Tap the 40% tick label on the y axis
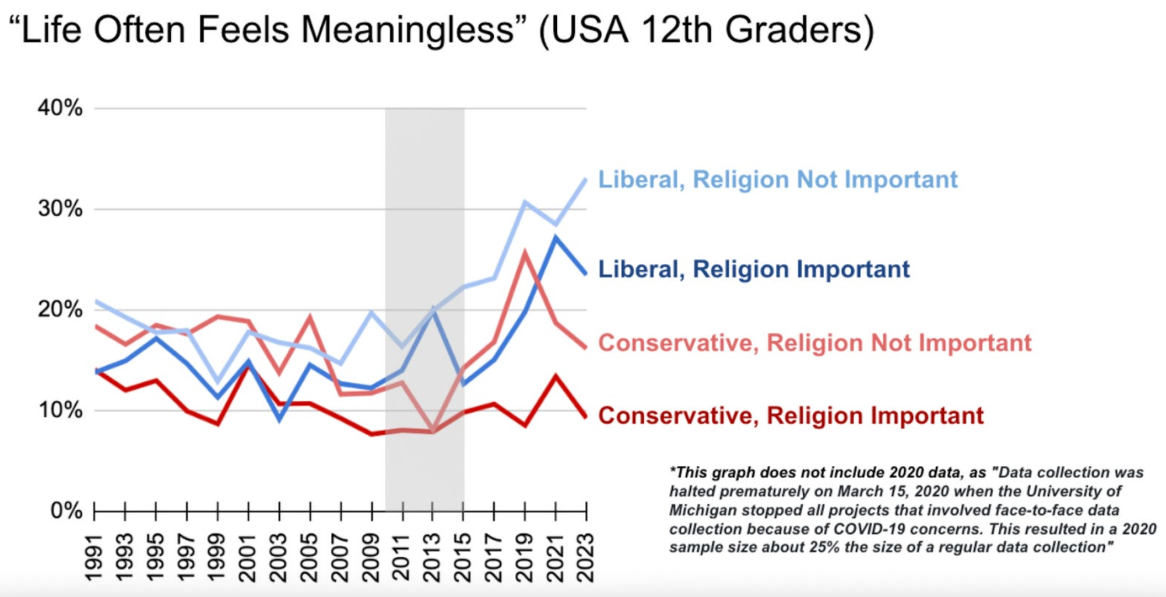[x=60, y=108]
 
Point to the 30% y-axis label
[x=60, y=209]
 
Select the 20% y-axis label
[x=60, y=309]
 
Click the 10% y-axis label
[x=60, y=410]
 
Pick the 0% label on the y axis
[x=66, y=511]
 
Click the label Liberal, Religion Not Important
[x=778, y=179]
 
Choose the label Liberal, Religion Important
[x=754, y=269]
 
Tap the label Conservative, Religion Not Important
[x=814, y=342]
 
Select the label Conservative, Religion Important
[x=791, y=415]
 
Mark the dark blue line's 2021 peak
[x=556, y=238]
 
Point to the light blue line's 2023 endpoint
[x=585, y=180]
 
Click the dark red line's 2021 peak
[x=556, y=376]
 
